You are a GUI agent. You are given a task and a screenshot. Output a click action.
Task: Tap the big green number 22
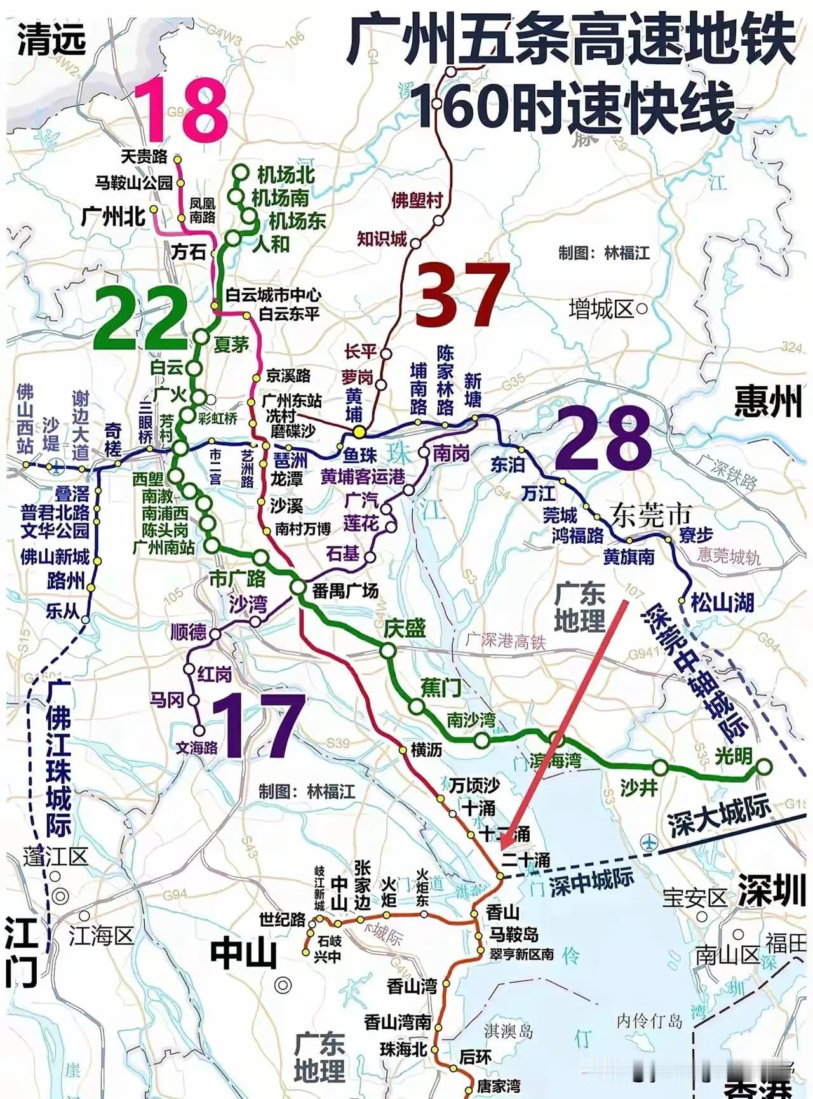[x=141, y=317]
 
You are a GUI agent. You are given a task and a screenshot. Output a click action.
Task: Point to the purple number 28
[x=604, y=439]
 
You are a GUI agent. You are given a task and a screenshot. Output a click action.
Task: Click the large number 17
[x=255, y=724]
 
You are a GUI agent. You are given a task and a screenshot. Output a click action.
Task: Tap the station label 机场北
[x=286, y=175]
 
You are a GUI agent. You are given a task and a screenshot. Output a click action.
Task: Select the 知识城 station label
[x=382, y=239]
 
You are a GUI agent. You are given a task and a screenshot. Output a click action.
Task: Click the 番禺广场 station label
[x=346, y=591]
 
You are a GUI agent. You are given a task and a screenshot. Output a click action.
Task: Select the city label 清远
[x=51, y=40]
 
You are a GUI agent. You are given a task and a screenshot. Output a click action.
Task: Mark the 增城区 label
[x=601, y=309]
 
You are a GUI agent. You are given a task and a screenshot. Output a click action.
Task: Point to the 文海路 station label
[x=197, y=748]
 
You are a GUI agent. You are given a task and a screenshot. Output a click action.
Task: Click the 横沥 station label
[x=426, y=750]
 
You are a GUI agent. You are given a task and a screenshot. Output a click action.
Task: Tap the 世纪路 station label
[x=283, y=919]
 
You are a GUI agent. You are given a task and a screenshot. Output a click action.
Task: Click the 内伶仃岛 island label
[x=649, y=1021]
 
